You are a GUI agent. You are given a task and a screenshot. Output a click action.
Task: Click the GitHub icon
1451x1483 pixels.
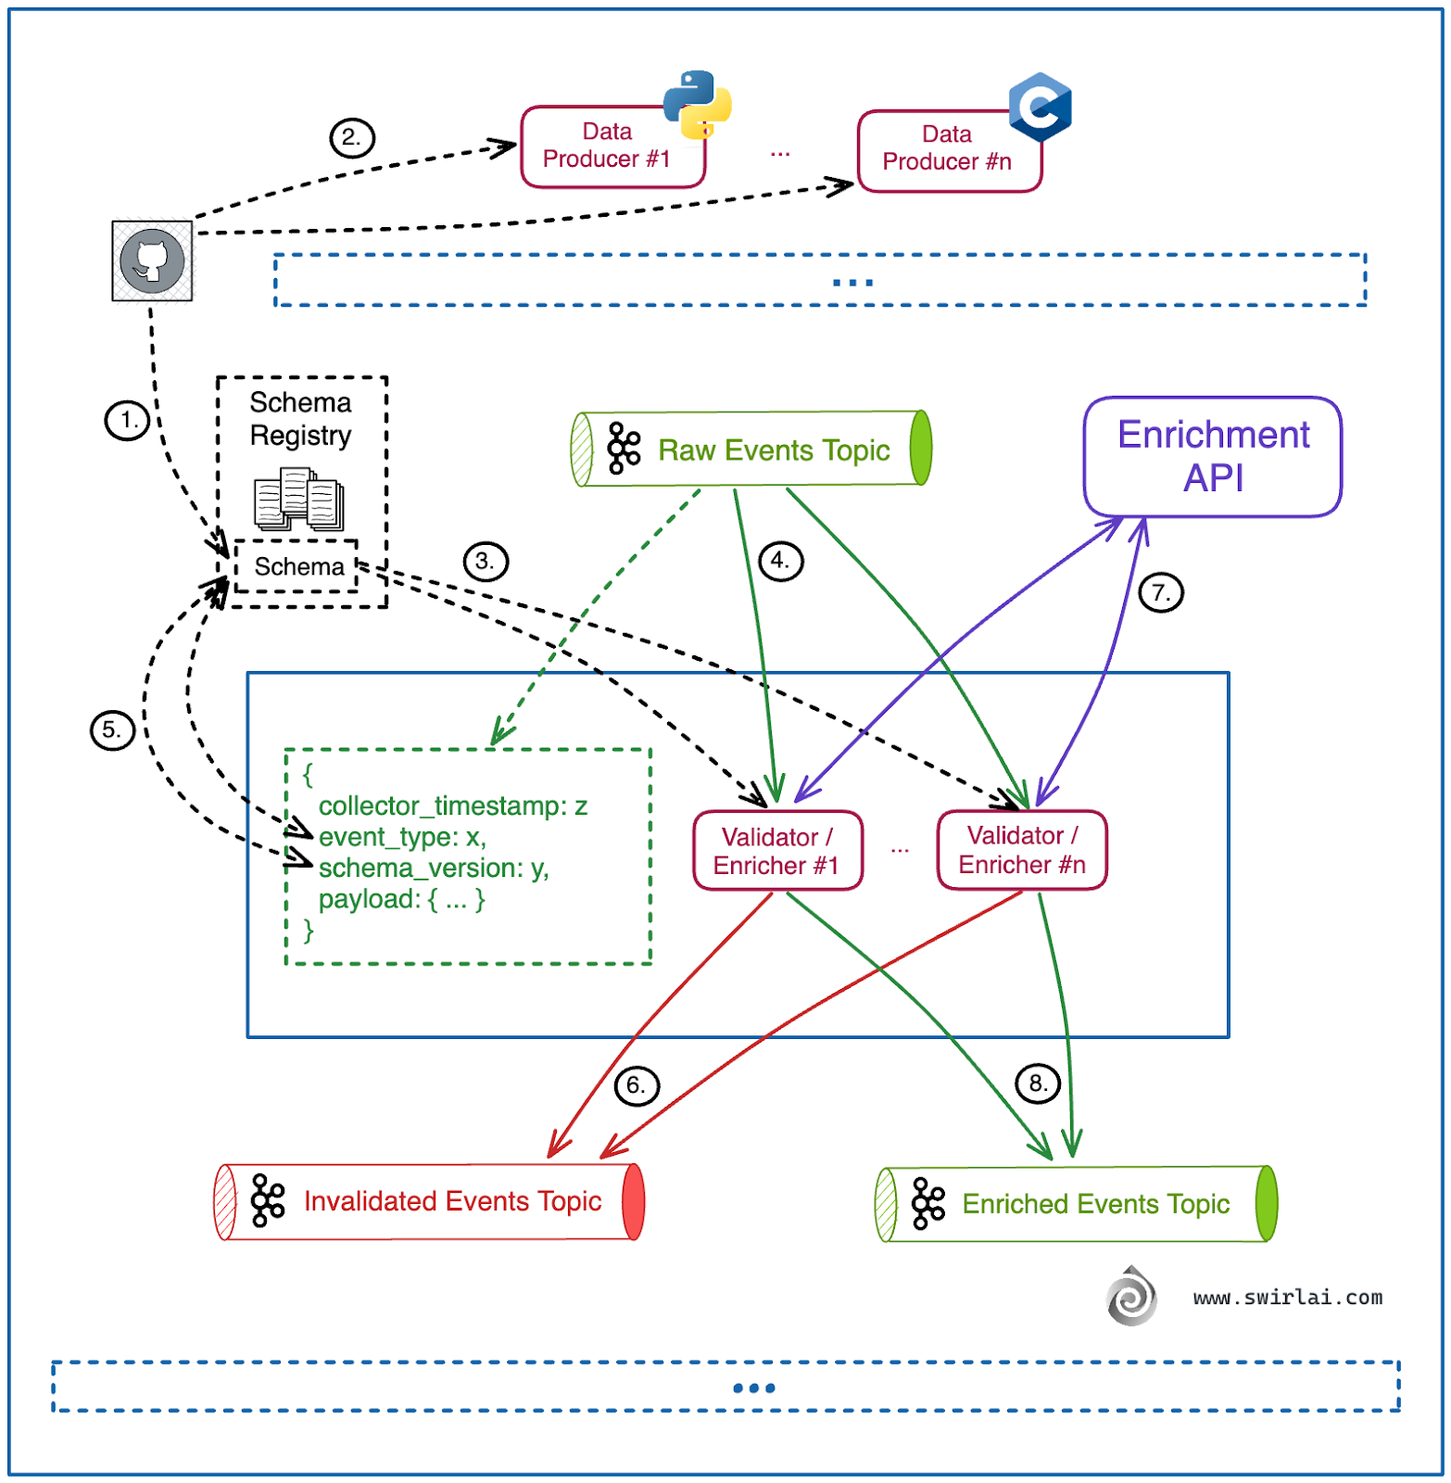(153, 260)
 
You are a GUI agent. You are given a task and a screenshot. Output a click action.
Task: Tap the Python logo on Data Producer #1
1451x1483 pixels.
(697, 105)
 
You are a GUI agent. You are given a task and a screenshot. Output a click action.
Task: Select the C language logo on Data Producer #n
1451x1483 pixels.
(1040, 107)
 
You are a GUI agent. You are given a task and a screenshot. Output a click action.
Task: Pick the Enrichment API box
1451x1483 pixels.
(1212, 457)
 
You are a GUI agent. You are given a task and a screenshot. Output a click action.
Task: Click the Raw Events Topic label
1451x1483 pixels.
(773, 450)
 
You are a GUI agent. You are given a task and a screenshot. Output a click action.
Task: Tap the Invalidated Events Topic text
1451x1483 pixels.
(452, 1201)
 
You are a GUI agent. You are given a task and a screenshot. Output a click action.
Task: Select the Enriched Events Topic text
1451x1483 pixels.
(1095, 1204)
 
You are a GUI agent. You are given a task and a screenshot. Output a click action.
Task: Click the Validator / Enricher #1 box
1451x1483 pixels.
(777, 851)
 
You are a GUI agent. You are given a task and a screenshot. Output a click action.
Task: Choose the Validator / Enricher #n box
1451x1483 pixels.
(1021, 850)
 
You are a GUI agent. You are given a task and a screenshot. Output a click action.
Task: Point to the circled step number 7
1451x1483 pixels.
(1160, 593)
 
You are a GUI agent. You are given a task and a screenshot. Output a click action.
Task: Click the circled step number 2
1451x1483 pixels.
(352, 138)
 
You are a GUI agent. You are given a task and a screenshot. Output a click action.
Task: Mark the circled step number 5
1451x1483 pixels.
(112, 730)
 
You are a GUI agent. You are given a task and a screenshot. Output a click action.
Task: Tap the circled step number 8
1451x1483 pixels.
(1038, 1084)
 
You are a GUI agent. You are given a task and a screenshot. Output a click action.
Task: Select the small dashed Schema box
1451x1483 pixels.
(297, 566)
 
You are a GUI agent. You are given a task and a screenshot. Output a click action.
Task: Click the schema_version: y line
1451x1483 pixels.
(433, 868)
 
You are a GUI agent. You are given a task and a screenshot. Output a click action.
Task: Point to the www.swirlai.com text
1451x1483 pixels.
(1287, 1298)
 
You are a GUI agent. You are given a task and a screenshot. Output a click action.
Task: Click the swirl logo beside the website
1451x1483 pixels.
(1131, 1296)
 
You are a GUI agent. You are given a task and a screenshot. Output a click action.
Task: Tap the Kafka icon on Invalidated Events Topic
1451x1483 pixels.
(268, 1201)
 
